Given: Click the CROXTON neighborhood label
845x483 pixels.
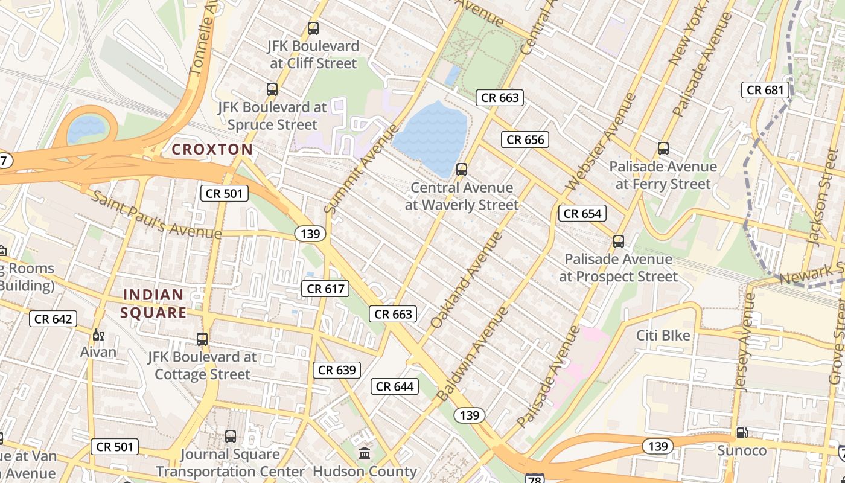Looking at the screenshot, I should [x=212, y=149].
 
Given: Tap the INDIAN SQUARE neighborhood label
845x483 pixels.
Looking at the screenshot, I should [x=153, y=304].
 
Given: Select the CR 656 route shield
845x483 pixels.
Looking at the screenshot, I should [x=525, y=140].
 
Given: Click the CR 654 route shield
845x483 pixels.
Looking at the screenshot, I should [x=582, y=213].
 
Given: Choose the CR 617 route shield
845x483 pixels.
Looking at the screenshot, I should [x=326, y=289].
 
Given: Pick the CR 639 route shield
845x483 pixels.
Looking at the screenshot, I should [x=337, y=370].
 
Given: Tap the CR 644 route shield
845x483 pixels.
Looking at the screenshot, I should [x=395, y=386].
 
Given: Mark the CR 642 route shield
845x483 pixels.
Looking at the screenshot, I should [x=53, y=319].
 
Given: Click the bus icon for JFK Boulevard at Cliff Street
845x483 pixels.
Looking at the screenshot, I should [x=313, y=28].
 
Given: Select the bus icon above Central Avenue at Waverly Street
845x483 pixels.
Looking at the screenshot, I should [x=462, y=170].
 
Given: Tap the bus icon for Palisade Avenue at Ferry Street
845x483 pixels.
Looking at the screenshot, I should [x=663, y=149].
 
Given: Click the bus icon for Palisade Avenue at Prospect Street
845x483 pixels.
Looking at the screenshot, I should [x=619, y=241].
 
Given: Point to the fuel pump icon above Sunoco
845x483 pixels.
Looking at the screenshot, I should [x=742, y=433].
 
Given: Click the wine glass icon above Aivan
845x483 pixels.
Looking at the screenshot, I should [x=97, y=334].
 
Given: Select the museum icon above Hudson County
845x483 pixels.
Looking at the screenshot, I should [x=365, y=453].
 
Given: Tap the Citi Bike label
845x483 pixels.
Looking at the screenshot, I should [x=663, y=335].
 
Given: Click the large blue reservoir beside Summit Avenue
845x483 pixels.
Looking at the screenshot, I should [x=430, y=136].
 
